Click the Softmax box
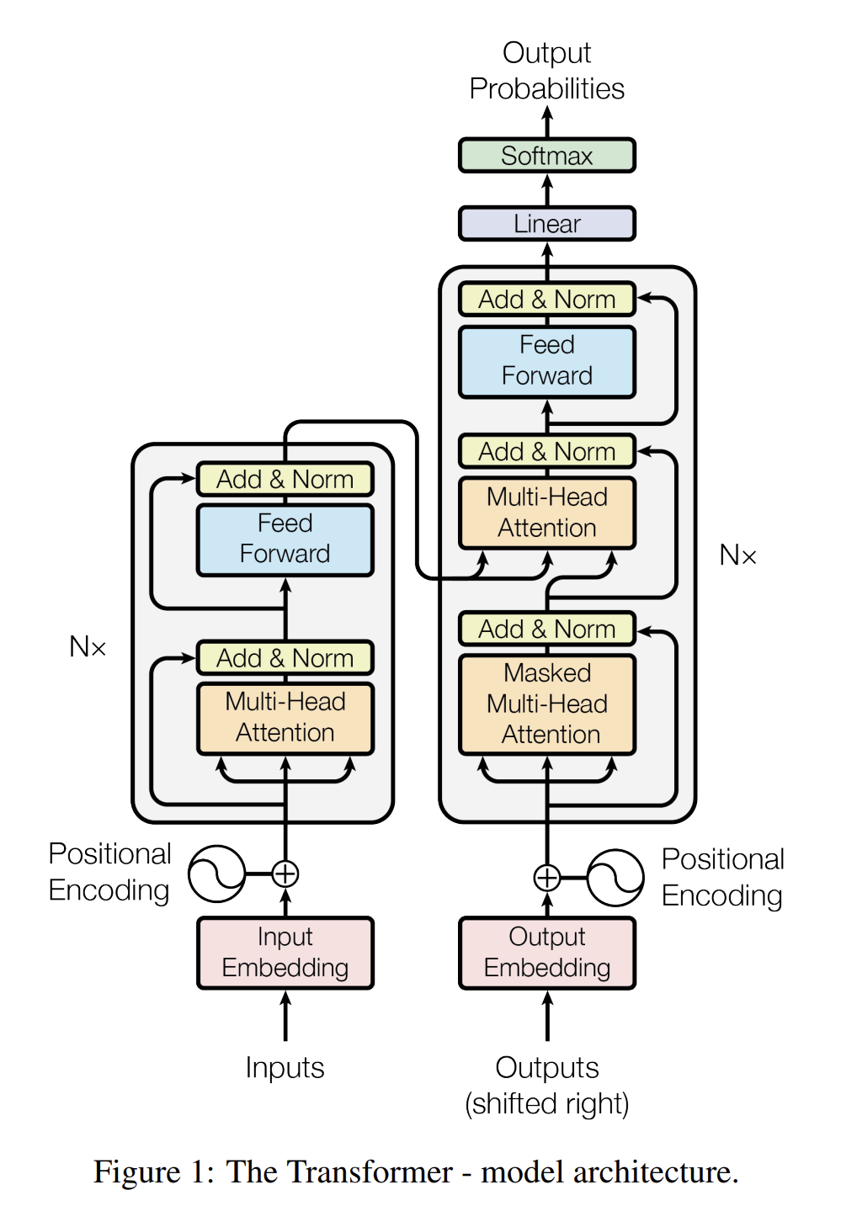[x=546, y=156]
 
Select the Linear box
[x=546, y=224]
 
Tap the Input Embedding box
[x=285, y=953]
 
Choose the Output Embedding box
[x=546, y=953]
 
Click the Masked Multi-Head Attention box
[x=546, y=704]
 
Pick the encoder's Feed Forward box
[x=285, y=539]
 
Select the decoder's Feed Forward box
[x=546, y=361]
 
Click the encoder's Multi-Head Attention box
[x=285, y=717]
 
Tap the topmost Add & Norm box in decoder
[x=546, y=300]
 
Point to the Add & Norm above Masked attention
[x=546, y=629]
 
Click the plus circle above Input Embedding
[x=285, y=874]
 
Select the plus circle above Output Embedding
[x=547, y=878]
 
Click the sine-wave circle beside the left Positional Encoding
[x=216, y=874]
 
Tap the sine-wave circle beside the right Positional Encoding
[x=615, y=878]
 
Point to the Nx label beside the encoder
[x=88, y=647]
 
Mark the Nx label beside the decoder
[x=737, y=555]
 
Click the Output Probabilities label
[x=546, y=71]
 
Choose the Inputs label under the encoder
[x=285, y=1067]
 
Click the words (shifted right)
[x=546, y=1103]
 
